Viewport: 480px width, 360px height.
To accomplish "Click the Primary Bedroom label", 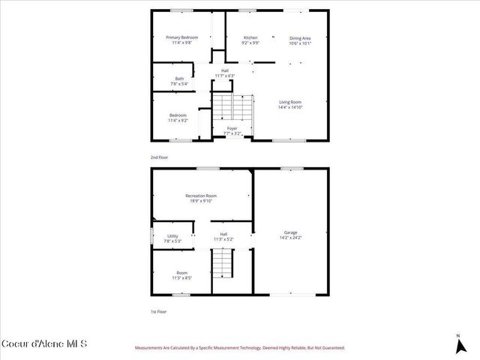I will pyautogui.click(x=181, y=37).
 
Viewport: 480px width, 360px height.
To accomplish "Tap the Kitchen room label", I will pyautogui.click(x=250, y=37).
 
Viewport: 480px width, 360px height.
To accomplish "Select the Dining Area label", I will pyautogui.click(x=300, y=37).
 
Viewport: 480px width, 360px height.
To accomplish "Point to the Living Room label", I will pyautogui.click(x=290, y=102).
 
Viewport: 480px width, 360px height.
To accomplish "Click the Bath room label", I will pyautogui.click(x=179, y=79).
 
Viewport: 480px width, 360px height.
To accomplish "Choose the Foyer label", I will pyautogui.click(x=232, y=128).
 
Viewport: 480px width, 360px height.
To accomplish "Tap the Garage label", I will pyautogui.click(x=290, y=232).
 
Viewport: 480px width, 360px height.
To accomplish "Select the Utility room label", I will pyautogui.click(x=172, y=236).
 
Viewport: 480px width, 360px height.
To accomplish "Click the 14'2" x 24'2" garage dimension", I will pyautogui.click(x=290, y=238).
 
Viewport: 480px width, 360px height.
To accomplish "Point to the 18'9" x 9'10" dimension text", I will pyautogui.click(x=201, y=201).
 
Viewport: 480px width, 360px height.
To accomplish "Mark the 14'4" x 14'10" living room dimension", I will pyautogui.click(x=290, y=107).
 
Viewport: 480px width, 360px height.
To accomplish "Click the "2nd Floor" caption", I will pyautogui.click(x=159, y=157).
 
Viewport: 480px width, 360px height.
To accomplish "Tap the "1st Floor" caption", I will pyautogui.click(x=158, y=310).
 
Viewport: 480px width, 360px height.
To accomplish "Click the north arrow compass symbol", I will pyautogui.click(x=459, y=346).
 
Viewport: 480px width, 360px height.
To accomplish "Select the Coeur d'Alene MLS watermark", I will pyautogui.click(x=44, y=344).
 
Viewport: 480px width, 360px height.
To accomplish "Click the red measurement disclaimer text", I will pyautogui.click(x=239, y=348).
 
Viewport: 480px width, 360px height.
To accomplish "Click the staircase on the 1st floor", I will pyautogui.click(x=223, y=262).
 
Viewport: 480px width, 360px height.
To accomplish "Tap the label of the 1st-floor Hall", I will pyautogui.click(x=223, y=234).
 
